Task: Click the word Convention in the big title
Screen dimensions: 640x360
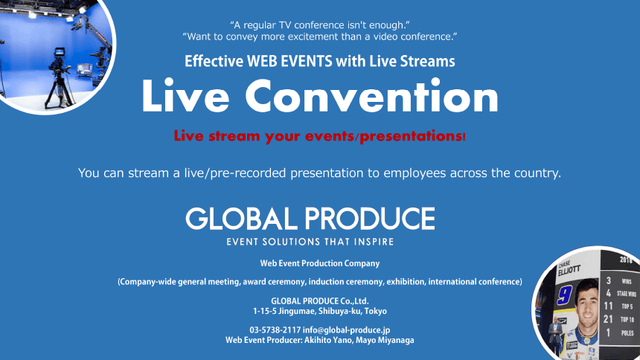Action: (x=371, y=96)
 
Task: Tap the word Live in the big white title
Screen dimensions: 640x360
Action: (x=185, y=96)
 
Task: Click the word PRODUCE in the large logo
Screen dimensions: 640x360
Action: (x=370, y=219)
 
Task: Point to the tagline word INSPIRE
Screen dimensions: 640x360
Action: (x=374, y=242)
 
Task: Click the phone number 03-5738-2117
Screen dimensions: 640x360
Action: (x=275, y=330)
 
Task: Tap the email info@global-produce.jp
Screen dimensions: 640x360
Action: (x=346, y=330)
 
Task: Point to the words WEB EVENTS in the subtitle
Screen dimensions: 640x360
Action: (x=289, y=61)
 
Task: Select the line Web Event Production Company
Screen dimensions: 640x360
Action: (x=320, y=263)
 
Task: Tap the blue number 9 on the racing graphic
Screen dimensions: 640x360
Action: (x=565, y=295)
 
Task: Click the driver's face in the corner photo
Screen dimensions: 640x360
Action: (x=586, y=300)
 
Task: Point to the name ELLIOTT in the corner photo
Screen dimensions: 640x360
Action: (x=569, y=270)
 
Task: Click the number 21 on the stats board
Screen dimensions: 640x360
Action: (x=608, y=319)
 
